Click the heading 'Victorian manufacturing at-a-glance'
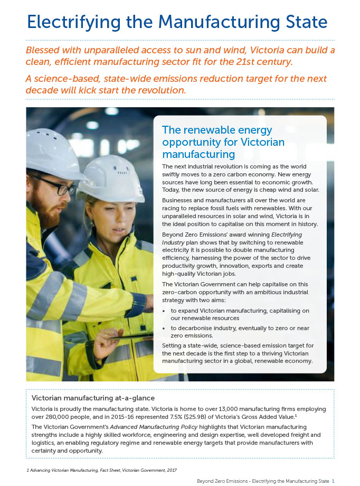click(x=93, y=398)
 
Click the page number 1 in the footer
click(x=333, y=481)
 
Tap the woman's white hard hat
click(x=111, y=177)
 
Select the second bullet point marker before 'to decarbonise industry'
click(x=165, y=328)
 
